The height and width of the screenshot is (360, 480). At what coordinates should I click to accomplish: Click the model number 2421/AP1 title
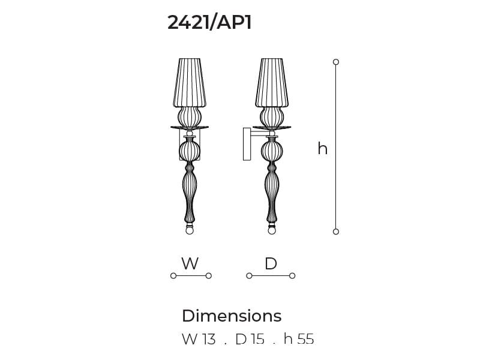[209, 22]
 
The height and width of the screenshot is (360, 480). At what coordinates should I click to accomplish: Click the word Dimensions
[232, 316]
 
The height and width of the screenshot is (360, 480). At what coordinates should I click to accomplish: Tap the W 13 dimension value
[199, 339]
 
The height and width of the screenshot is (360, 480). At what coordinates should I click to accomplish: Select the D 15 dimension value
[250, 339]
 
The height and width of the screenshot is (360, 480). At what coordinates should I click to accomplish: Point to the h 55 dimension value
[299, 339]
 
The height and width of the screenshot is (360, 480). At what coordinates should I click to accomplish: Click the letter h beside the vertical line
[323, 148]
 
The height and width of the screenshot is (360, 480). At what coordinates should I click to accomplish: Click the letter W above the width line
[190, 263]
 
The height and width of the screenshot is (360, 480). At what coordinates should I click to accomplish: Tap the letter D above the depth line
[271, 263]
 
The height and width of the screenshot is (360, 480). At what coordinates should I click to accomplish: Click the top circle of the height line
[336, 62]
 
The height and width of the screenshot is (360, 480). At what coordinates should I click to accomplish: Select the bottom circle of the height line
[336, 232]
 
